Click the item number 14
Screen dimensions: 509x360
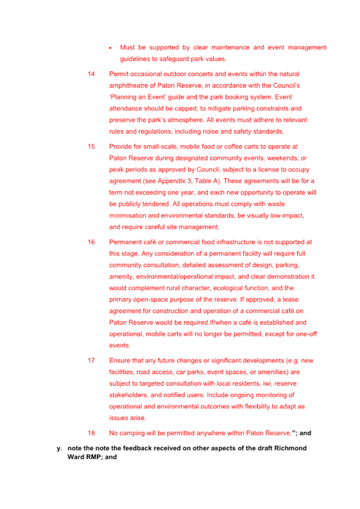click(x=91, y=74)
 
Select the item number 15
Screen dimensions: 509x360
click(x=91, y=147)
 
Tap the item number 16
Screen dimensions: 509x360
click(x=91, y=242)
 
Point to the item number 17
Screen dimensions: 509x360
click(x=91, y=361)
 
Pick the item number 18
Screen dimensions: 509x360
click(x=91, y=433)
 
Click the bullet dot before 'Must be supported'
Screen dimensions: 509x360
click(x=110, y=48)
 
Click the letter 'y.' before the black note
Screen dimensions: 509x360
click(x=58, y=448)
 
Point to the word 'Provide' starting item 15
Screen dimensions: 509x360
click(x=121, y=147)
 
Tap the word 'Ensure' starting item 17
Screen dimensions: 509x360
click(x=119, y=361)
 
